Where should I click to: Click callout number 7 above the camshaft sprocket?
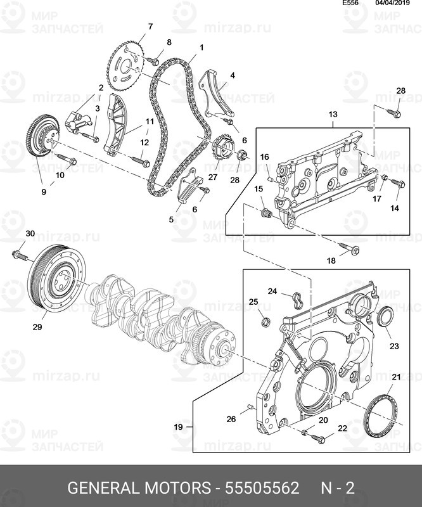(150, 27)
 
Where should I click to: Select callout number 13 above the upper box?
(333, 114)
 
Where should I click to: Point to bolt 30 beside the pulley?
(20, 255)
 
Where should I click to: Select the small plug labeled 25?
(266, 322)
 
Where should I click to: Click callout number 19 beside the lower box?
(178, 427)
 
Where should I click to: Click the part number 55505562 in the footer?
(262, 487)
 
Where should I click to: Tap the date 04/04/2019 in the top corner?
(392, 3)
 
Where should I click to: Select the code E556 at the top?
(351, 3)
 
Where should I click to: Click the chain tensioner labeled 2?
(79, 122)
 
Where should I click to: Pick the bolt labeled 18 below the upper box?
(350, 248)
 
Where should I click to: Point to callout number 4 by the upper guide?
(233, 75)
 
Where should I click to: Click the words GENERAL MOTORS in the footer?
(138, 487)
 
